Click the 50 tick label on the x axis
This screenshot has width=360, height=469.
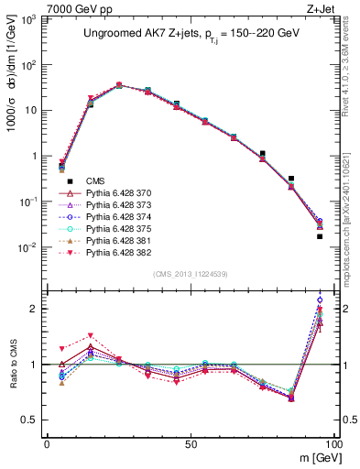tap(190, 443)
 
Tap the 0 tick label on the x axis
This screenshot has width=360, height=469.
tap(47, 443)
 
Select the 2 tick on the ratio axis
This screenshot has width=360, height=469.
tap(36, 309)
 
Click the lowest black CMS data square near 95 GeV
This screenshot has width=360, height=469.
tap(320, 236)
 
